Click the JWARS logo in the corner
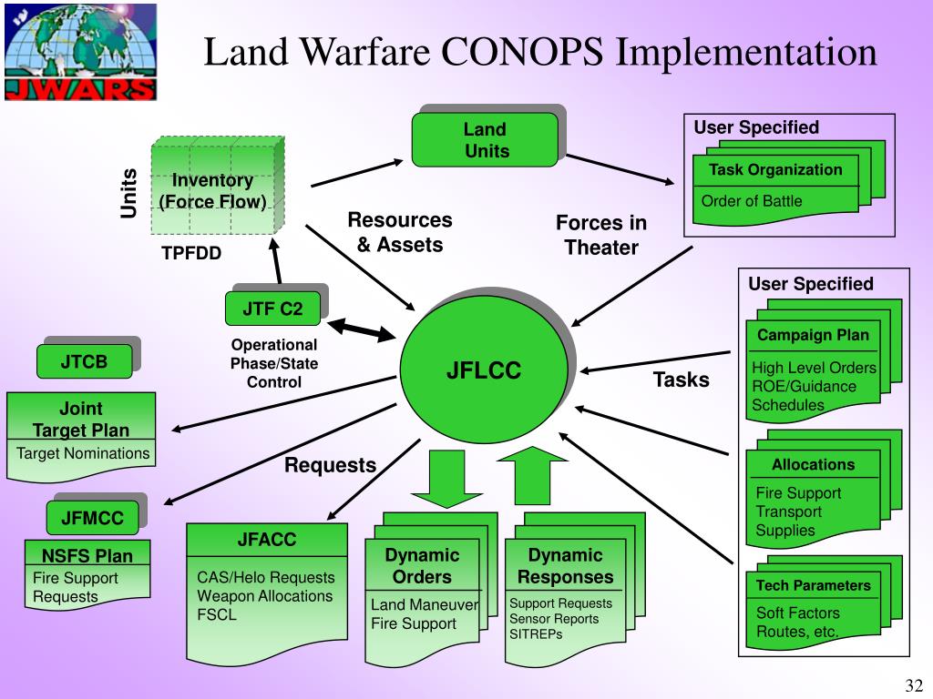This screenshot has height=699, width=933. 78,50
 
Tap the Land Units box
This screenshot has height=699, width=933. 485,140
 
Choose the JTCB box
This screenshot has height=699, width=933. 85,362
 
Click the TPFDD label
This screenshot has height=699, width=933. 191,253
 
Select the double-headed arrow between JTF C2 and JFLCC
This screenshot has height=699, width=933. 362,329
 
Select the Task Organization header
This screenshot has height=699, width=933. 775,170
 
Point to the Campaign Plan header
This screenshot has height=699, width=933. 813,335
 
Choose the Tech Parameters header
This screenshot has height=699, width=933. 813,585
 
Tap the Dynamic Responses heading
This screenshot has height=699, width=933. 565,566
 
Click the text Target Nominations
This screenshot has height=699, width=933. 83,453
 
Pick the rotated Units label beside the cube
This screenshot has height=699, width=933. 128,193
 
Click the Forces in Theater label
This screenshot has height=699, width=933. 601,236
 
